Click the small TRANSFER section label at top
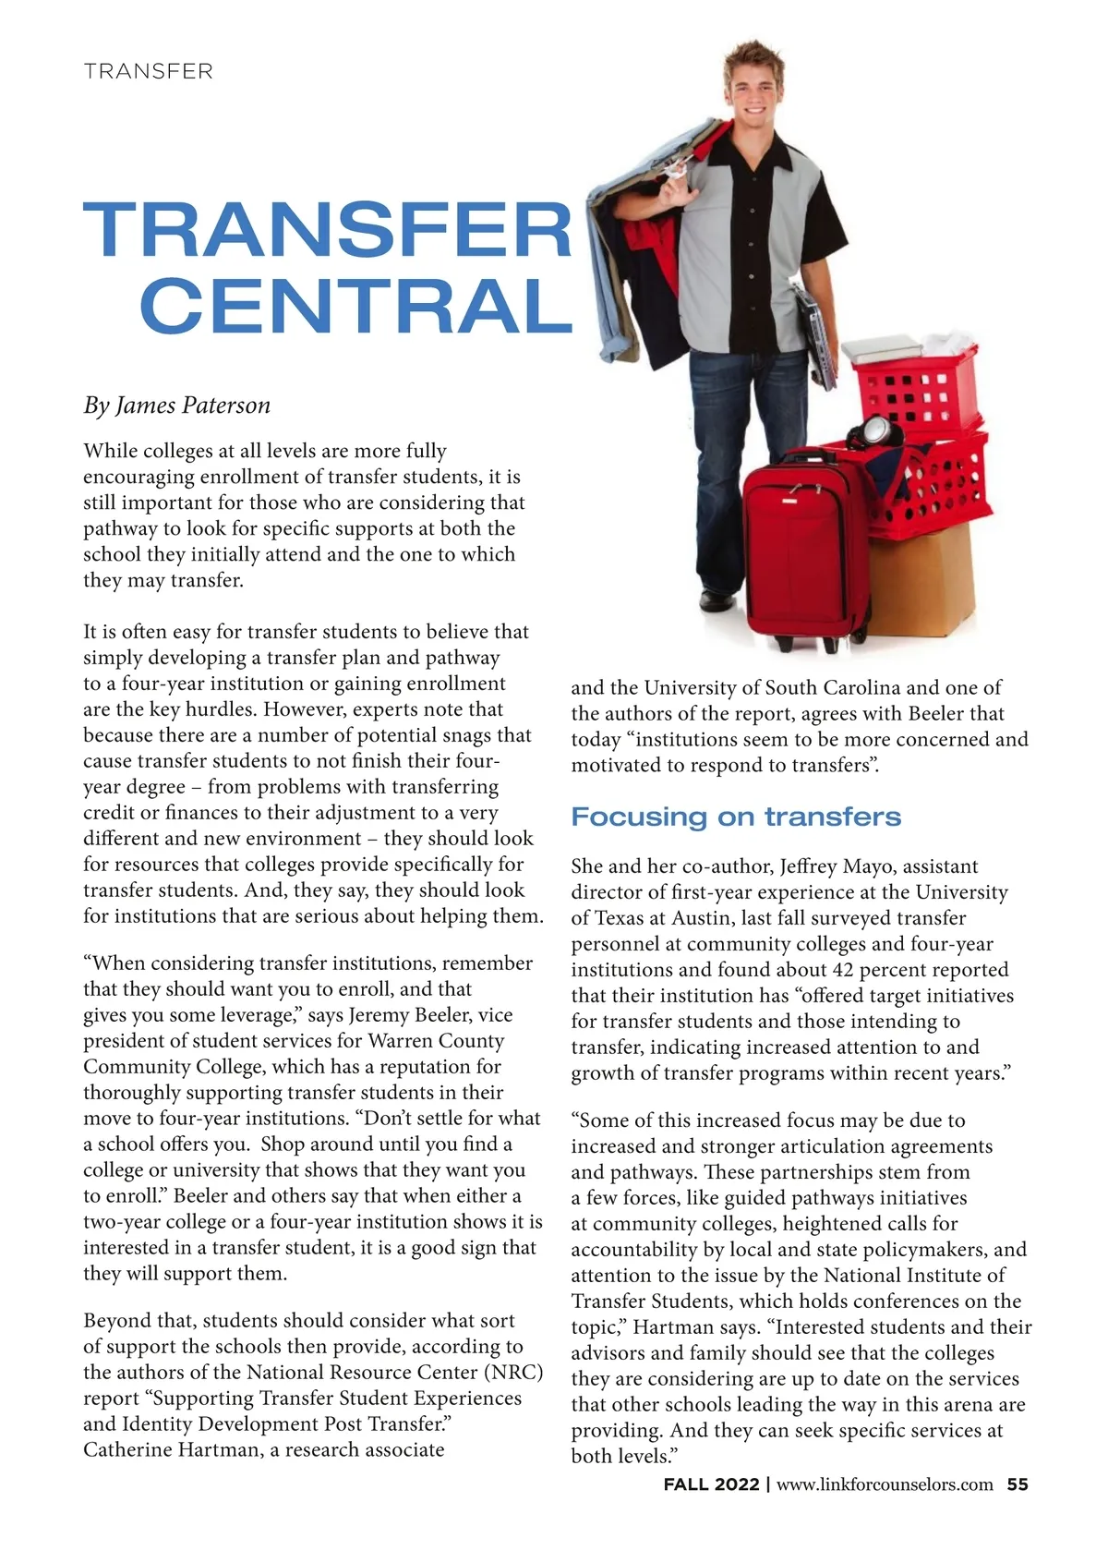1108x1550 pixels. pyautogui.click(x=148, y=71)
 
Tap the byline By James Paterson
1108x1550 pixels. pyautogui.click(x=176, y=406)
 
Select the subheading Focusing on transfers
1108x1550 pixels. pyautogui.click(x=736, y=817)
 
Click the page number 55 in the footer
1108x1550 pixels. pyautogui.click(x=1018, y=1484)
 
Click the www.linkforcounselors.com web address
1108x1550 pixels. pyautogui.click(x=885, y=1484)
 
